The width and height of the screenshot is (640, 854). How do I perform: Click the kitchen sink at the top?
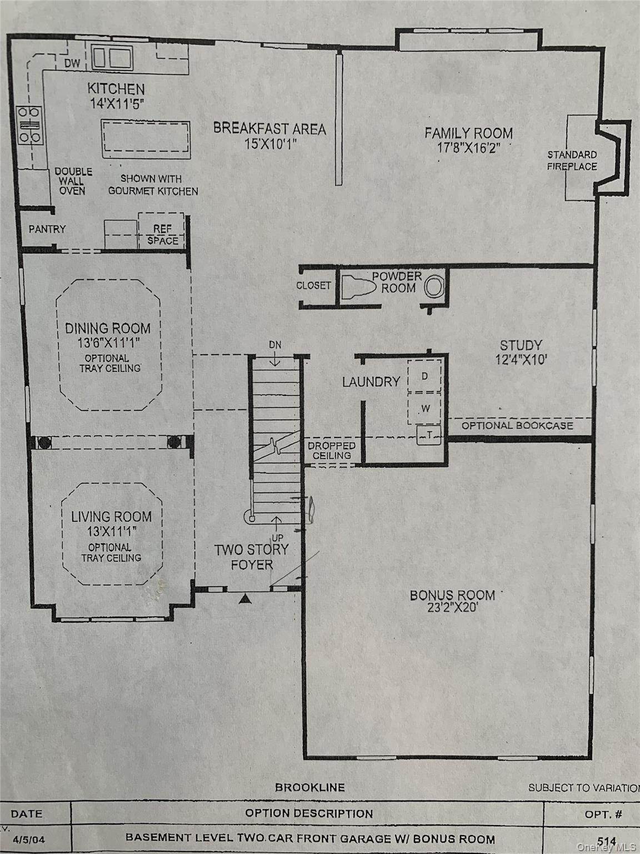click(x=112, y=58)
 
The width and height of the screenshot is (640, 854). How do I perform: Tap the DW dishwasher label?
click(x=72, y=63)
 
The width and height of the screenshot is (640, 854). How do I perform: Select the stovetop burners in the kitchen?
click(x=29, y=125)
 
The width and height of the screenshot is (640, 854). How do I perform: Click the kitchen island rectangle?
click(x=146, y=139)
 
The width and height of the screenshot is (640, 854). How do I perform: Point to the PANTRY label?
click(x=47, y=229)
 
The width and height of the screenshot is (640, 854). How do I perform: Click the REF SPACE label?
click(x=162, y=235)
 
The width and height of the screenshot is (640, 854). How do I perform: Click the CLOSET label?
click(x=313, y=286)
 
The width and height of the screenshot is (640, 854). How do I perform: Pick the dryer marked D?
click(x=424, y=376)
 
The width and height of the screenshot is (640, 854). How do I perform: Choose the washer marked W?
click(x=424, y=409)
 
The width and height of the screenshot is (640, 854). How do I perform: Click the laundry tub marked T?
click(x=429, y=435)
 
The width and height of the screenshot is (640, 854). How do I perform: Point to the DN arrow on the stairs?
click(x=275, y=359)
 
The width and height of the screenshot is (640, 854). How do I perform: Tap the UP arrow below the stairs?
click(x=276, y=524)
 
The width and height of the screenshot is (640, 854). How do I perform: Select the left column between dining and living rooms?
click(x=44, y=443)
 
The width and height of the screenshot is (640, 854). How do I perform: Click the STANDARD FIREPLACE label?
click(x=572, y=161)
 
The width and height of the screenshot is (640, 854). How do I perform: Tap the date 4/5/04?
click(x=29, y=839)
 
